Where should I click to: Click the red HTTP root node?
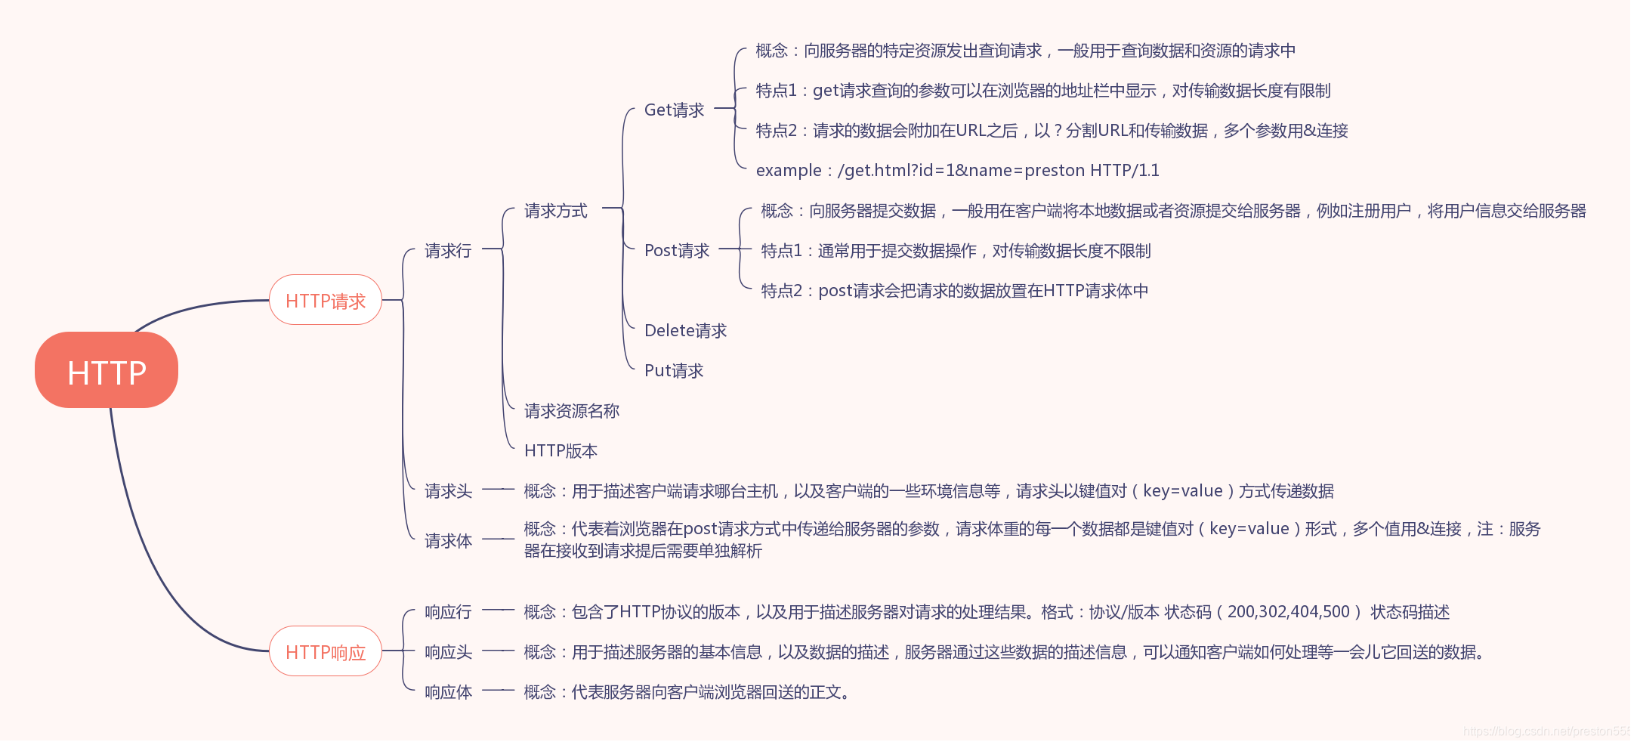(107, 370)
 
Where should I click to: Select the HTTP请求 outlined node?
(326, 301)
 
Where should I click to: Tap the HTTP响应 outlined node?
(326, 651)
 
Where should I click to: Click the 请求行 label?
(448, 250)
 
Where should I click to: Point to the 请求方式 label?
(556, 211)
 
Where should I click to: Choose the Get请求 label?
(674, 110)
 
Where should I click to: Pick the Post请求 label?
(677, 250)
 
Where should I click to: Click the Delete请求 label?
(685, 330)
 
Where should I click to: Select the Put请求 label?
(674, 370)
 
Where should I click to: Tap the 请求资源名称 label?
(572, 411)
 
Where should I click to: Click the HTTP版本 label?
(561, 451)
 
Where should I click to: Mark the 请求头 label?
(448, 491)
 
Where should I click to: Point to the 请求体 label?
(448, 541)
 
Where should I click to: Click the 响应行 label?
(448, 612)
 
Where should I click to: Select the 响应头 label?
(448, 652)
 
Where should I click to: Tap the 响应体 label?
(448, 692)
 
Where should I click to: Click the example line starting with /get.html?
(957, 171)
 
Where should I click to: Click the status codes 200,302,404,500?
(1288, 612)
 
